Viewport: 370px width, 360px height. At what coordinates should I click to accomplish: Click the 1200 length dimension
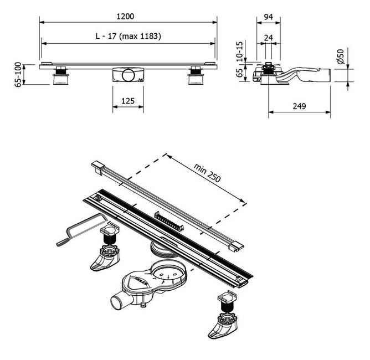click(x=128, y=17)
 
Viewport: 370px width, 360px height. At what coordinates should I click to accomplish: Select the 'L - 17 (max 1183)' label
click(x=128, y=37)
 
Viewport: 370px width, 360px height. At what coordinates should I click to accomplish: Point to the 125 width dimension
click(x=128, y=101)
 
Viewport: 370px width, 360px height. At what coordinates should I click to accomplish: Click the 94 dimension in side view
click(x=268, y=17)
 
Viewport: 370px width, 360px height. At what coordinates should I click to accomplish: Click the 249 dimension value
click(x=299, y=105)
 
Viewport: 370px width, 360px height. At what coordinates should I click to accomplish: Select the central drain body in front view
click(x=128, y=75)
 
